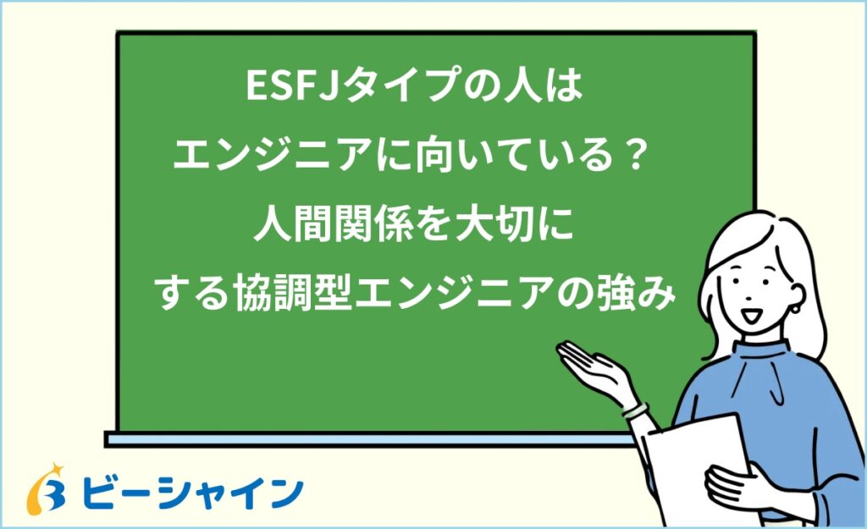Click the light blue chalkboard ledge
364,438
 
